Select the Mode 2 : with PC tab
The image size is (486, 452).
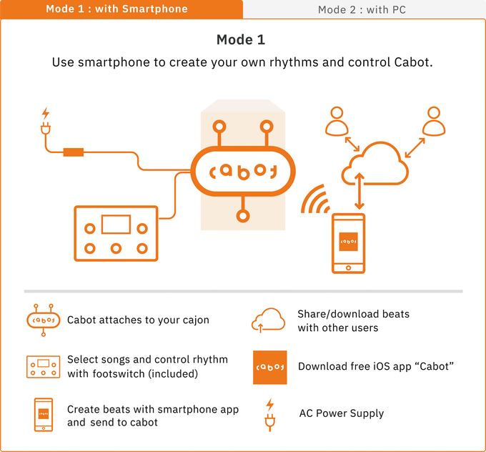(362, 9)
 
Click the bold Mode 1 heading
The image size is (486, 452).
(242, 39)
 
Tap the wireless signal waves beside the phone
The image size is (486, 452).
(314, 200)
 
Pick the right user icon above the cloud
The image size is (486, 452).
(432, 122)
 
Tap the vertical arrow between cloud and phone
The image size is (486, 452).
(360, 192)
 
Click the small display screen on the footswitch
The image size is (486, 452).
(115, 224)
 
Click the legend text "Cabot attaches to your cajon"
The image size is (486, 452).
(138, 320)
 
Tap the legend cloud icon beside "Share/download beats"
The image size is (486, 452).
(269, 320)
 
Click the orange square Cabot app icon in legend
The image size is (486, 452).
(269, 367)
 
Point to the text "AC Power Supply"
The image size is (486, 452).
(341, 413)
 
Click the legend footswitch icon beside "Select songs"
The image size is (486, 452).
(44, 366)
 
